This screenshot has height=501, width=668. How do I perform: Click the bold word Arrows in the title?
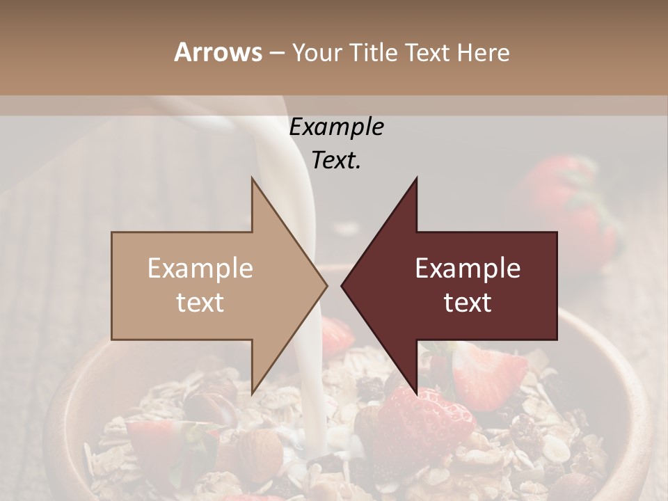coord(218,52)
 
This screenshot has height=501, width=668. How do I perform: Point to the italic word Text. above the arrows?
coord(336,161)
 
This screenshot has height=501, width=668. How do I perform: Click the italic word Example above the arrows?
coord(336,127)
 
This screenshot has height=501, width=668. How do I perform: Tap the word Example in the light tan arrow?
coord(200,269)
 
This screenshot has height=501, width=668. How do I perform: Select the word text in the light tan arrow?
coord(200,302)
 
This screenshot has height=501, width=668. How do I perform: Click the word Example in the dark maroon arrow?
coord(468,269)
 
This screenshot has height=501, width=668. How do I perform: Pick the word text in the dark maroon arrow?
coord(468,302)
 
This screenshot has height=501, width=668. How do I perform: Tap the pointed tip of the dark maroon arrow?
coord(342,285)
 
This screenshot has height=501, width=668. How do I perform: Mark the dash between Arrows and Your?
coord(276,53)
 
